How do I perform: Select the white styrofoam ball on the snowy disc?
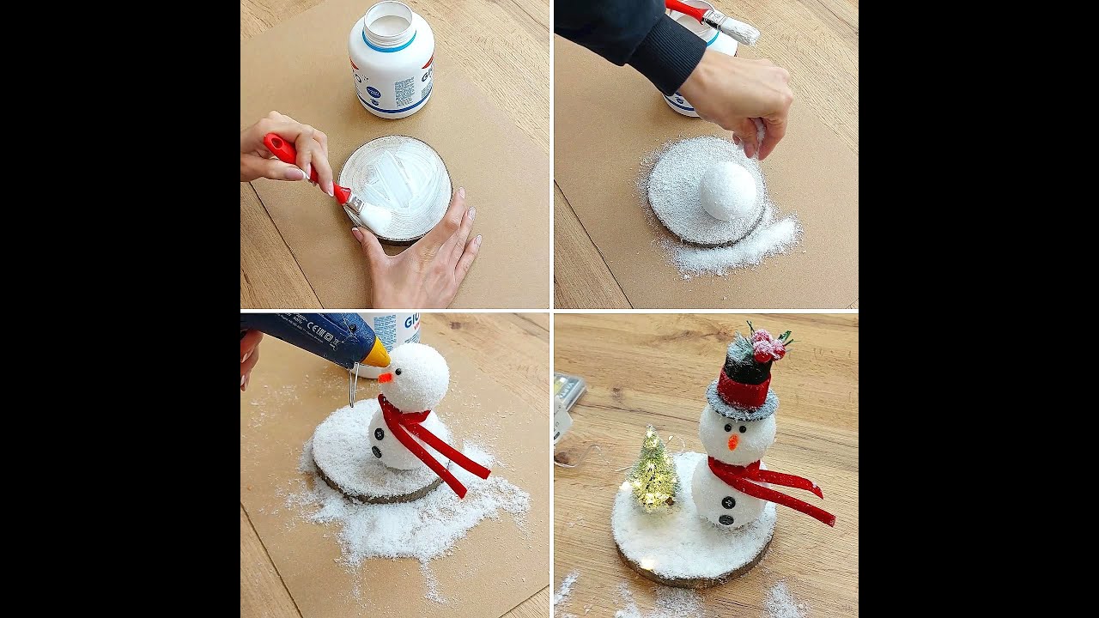pyautogui.click(x=728, y=191)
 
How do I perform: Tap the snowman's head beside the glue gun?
pyautogui.click(x=417, y=376)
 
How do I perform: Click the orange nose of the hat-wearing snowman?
pyautogui.click(x=732, y=441)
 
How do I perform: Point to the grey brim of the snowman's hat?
pyautogui.click(x=742, y=406)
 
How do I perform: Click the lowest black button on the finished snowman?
pyautogui.click(x=726, y=518)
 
